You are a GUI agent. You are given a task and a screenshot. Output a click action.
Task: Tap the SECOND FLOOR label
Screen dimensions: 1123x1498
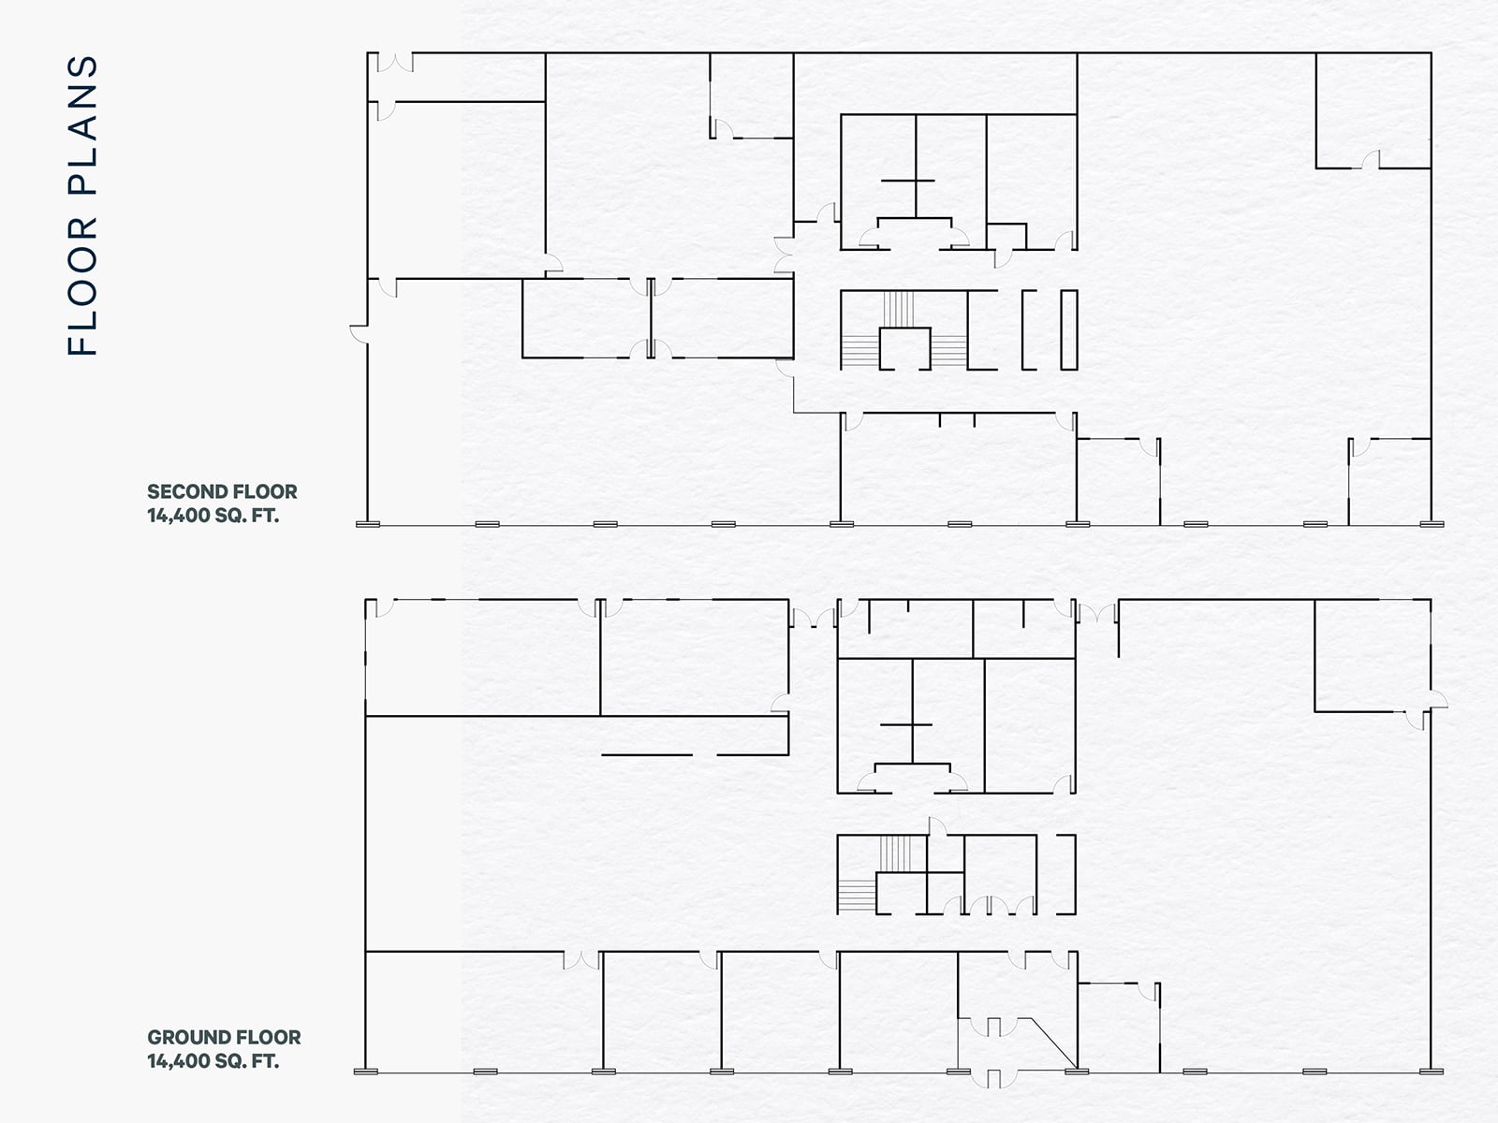click(x=222, y=491)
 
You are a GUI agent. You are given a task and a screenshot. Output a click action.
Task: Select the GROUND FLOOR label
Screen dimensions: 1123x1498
click(x=224, y=1037)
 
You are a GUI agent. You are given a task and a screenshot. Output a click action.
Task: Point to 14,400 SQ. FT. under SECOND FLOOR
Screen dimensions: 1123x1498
click(x=213, y=515)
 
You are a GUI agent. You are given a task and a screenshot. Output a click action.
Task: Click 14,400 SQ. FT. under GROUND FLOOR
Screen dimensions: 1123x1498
click(x=213, y=1061)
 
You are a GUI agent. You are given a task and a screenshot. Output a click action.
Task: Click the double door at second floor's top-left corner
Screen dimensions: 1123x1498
click(x=394, y=62)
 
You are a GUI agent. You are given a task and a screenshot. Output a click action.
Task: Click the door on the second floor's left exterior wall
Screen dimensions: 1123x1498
click(x=359, y=330)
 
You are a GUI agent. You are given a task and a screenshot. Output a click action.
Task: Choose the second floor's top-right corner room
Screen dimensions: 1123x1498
click(x=1373, y=110)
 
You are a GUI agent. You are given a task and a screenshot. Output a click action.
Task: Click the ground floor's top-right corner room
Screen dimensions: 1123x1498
click(x=1372, y=655)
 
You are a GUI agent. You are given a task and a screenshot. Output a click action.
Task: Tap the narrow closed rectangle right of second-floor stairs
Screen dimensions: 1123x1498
click(x=1068, y=330)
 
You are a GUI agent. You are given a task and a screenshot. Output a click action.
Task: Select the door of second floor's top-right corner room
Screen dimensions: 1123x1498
click(x=1371, y=161)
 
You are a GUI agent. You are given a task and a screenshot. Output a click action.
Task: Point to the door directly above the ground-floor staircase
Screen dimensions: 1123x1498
click(x=937, y=825)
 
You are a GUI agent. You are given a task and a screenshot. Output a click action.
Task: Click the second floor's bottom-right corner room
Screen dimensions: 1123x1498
click(x=1389, y=481)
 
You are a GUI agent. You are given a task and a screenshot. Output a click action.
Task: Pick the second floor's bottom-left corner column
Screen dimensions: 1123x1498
click(x=368, y=524)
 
